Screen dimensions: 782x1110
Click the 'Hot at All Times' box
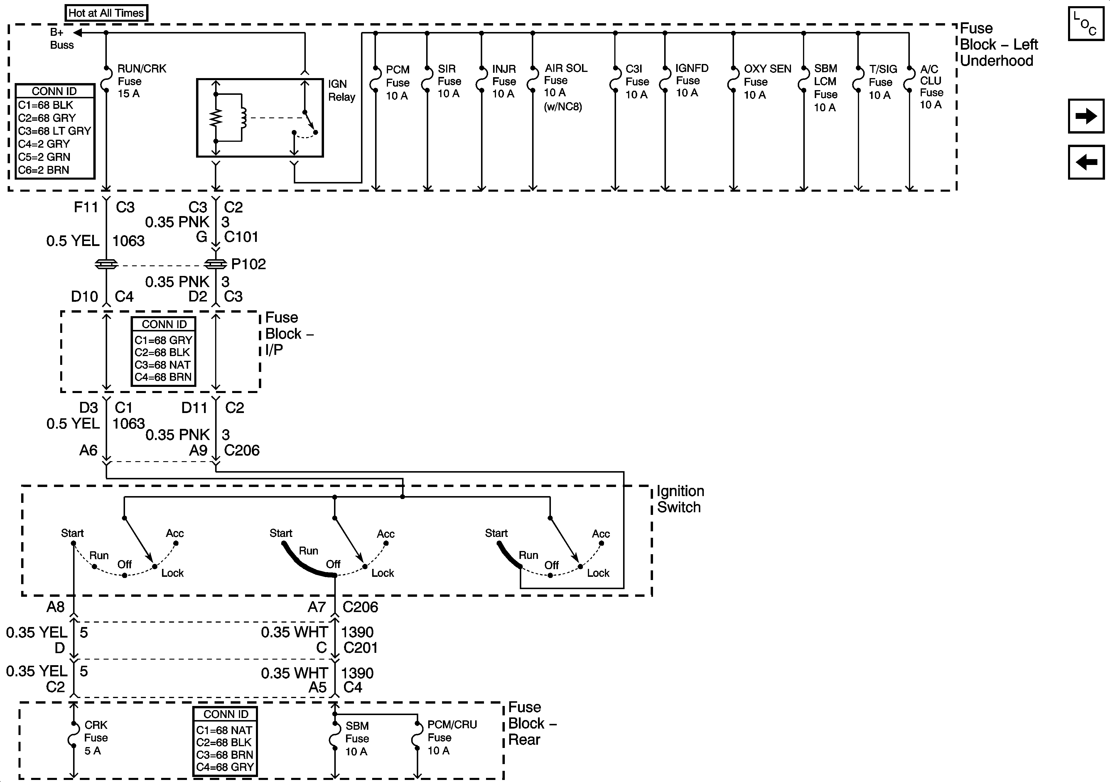(x=106, y=13)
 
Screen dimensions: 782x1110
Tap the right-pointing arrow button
(x=1086, y=116)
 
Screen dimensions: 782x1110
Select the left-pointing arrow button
(x=1086, y=162)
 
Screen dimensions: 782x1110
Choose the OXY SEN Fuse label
(x=767, y=82)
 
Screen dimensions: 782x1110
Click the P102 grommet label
(x=249, y=264)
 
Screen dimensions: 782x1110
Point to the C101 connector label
(x=241, y=237)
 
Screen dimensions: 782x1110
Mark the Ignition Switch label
(x=680, y=499)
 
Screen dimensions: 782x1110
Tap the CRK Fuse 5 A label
(x=96, y=737)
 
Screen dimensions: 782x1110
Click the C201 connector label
(x=360, y=648)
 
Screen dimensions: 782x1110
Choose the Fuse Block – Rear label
(x=532, y=724)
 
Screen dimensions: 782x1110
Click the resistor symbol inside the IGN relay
(x=216, y=117)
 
